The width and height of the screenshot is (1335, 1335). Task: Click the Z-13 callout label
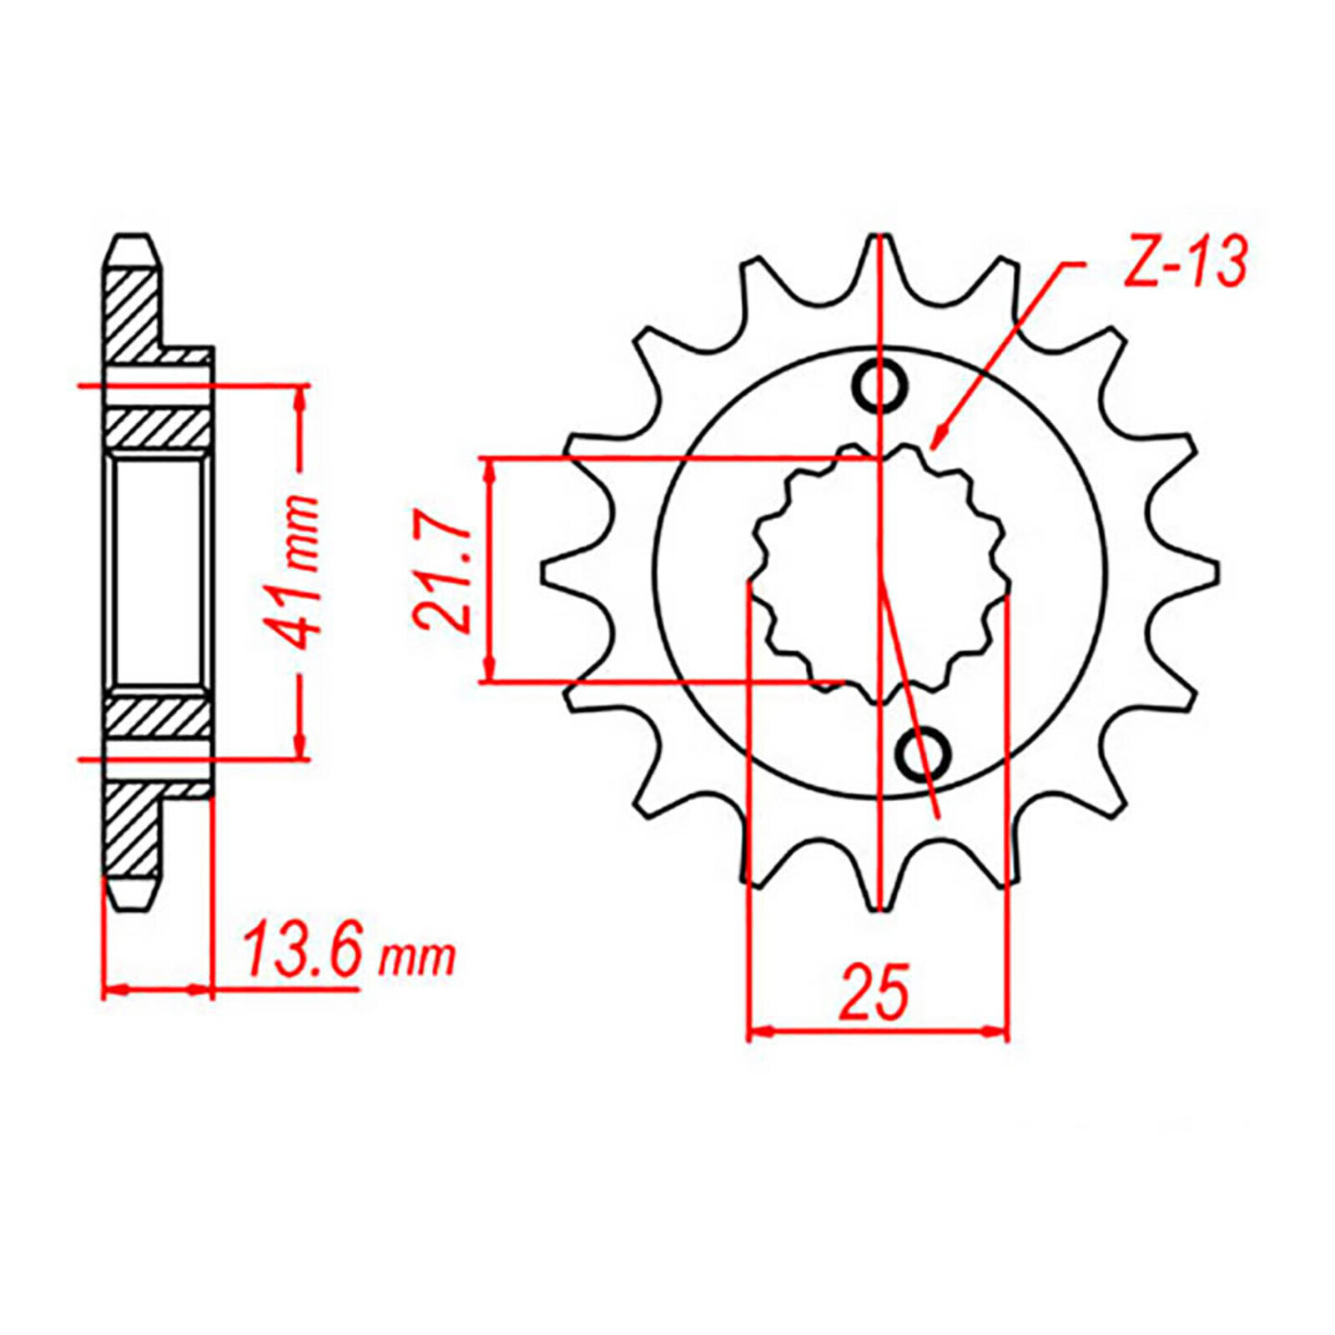coord(1185,261)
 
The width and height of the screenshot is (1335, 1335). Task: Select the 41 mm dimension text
coord(298,572)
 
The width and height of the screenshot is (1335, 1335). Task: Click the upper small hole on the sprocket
coord(879,385)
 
